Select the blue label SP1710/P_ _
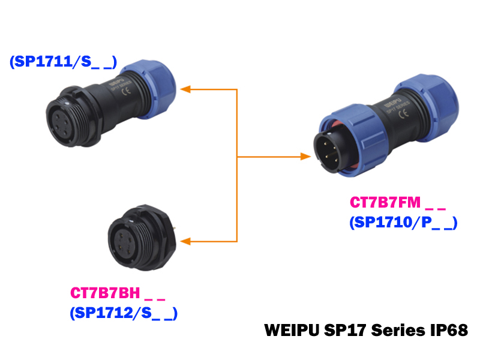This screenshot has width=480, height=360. point(403,223)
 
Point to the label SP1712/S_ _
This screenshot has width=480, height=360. point(124,313)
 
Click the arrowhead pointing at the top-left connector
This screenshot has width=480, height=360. point(186,89)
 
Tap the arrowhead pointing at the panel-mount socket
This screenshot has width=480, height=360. point(186,242)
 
